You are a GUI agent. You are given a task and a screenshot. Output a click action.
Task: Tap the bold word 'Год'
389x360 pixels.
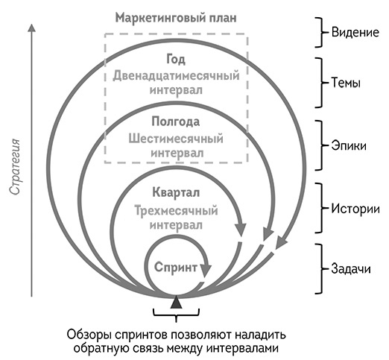176,59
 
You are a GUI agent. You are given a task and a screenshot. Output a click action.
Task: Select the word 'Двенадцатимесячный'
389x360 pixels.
176,75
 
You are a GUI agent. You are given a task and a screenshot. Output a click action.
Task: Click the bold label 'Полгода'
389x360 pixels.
176,121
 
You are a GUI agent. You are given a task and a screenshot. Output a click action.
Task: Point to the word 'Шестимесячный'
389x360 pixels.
176,138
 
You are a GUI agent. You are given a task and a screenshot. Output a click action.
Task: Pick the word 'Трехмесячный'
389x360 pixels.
176,209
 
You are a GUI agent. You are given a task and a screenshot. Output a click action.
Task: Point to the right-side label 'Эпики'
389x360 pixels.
347,146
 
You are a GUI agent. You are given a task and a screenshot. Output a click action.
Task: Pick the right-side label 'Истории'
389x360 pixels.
351,209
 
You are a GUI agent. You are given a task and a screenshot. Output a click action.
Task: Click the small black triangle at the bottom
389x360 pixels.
176,302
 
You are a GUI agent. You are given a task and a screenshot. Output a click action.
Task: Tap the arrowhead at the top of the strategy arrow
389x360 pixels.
31,30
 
